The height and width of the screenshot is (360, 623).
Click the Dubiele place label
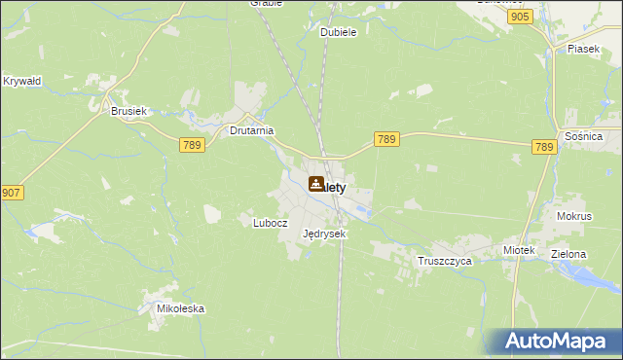pyautogui.click(x=339, y=32)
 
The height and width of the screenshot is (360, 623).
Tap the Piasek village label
pyautogui.click(x=584, y=48)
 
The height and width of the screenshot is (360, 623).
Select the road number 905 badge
pyautogui.click(x=520, y=18)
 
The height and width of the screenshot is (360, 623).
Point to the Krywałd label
pyautogui.click(x=21, y=81)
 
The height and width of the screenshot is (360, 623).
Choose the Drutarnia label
pyautogui.click(x=251, y=129)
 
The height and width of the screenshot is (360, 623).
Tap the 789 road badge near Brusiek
pyautogui.click(x=191, y=145)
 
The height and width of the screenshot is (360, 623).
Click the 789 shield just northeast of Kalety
pyautogui.click(x=386, y=140)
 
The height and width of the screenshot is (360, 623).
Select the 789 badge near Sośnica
pyautogui.click(x=544, y=147)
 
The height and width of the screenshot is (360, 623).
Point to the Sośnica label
pyautogui.click(x=584, y=137)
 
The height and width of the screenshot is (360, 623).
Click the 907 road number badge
pyautogui.click(x=12, y=193)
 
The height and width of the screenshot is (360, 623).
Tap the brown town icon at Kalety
pyautogui.click(x=317, y=183)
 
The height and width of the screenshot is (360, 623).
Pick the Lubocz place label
pyautogui.click(x=271, y=222)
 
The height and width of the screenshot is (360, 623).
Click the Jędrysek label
pyautogui.click(x=324, y=234)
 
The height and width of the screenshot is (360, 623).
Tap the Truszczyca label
pyautogui.click(x=445, y=262)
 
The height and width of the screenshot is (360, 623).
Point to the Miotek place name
pyautogui.click(x=520, y=250)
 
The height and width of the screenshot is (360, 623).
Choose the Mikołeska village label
pyautogui.click(x=181, y=308)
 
